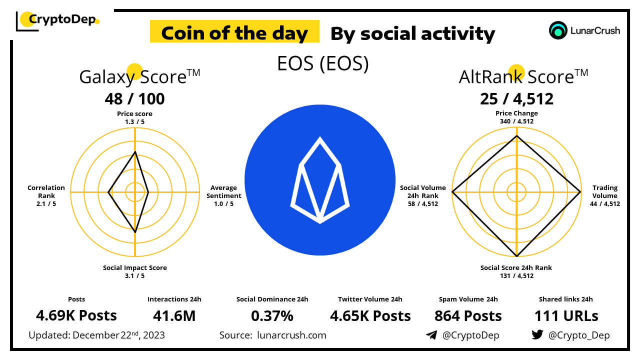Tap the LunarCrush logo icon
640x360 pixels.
[x=558, y=30]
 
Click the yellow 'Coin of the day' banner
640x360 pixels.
[x=234, y=33]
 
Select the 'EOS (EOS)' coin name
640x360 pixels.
[x=323, y=63]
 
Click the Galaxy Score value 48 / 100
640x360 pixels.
[x=134, y=99]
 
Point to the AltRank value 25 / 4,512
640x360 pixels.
[x=516, y=99]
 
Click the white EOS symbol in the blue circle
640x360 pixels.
[x=320, y=180]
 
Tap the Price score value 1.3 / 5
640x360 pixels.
[x=134, y=121]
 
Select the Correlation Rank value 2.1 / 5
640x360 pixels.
[x=46, y=203]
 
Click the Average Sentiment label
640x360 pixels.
[x=223, y=192]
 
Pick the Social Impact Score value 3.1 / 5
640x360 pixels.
[x=134, y=275]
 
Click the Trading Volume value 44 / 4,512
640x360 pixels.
[x=605, y=203]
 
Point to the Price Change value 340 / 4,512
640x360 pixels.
[x=516, y=121]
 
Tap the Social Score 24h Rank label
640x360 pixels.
[x=516, y=267]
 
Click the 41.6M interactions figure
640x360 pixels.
[x=174, y=316]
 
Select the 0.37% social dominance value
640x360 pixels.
[x=272, y=316]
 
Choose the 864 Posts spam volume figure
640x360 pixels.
[x=467, y=316]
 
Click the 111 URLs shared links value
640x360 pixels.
[x=566, y=316]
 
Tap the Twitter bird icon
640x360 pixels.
[x=537, y=334]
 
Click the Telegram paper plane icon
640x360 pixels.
[x=431, y=335]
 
